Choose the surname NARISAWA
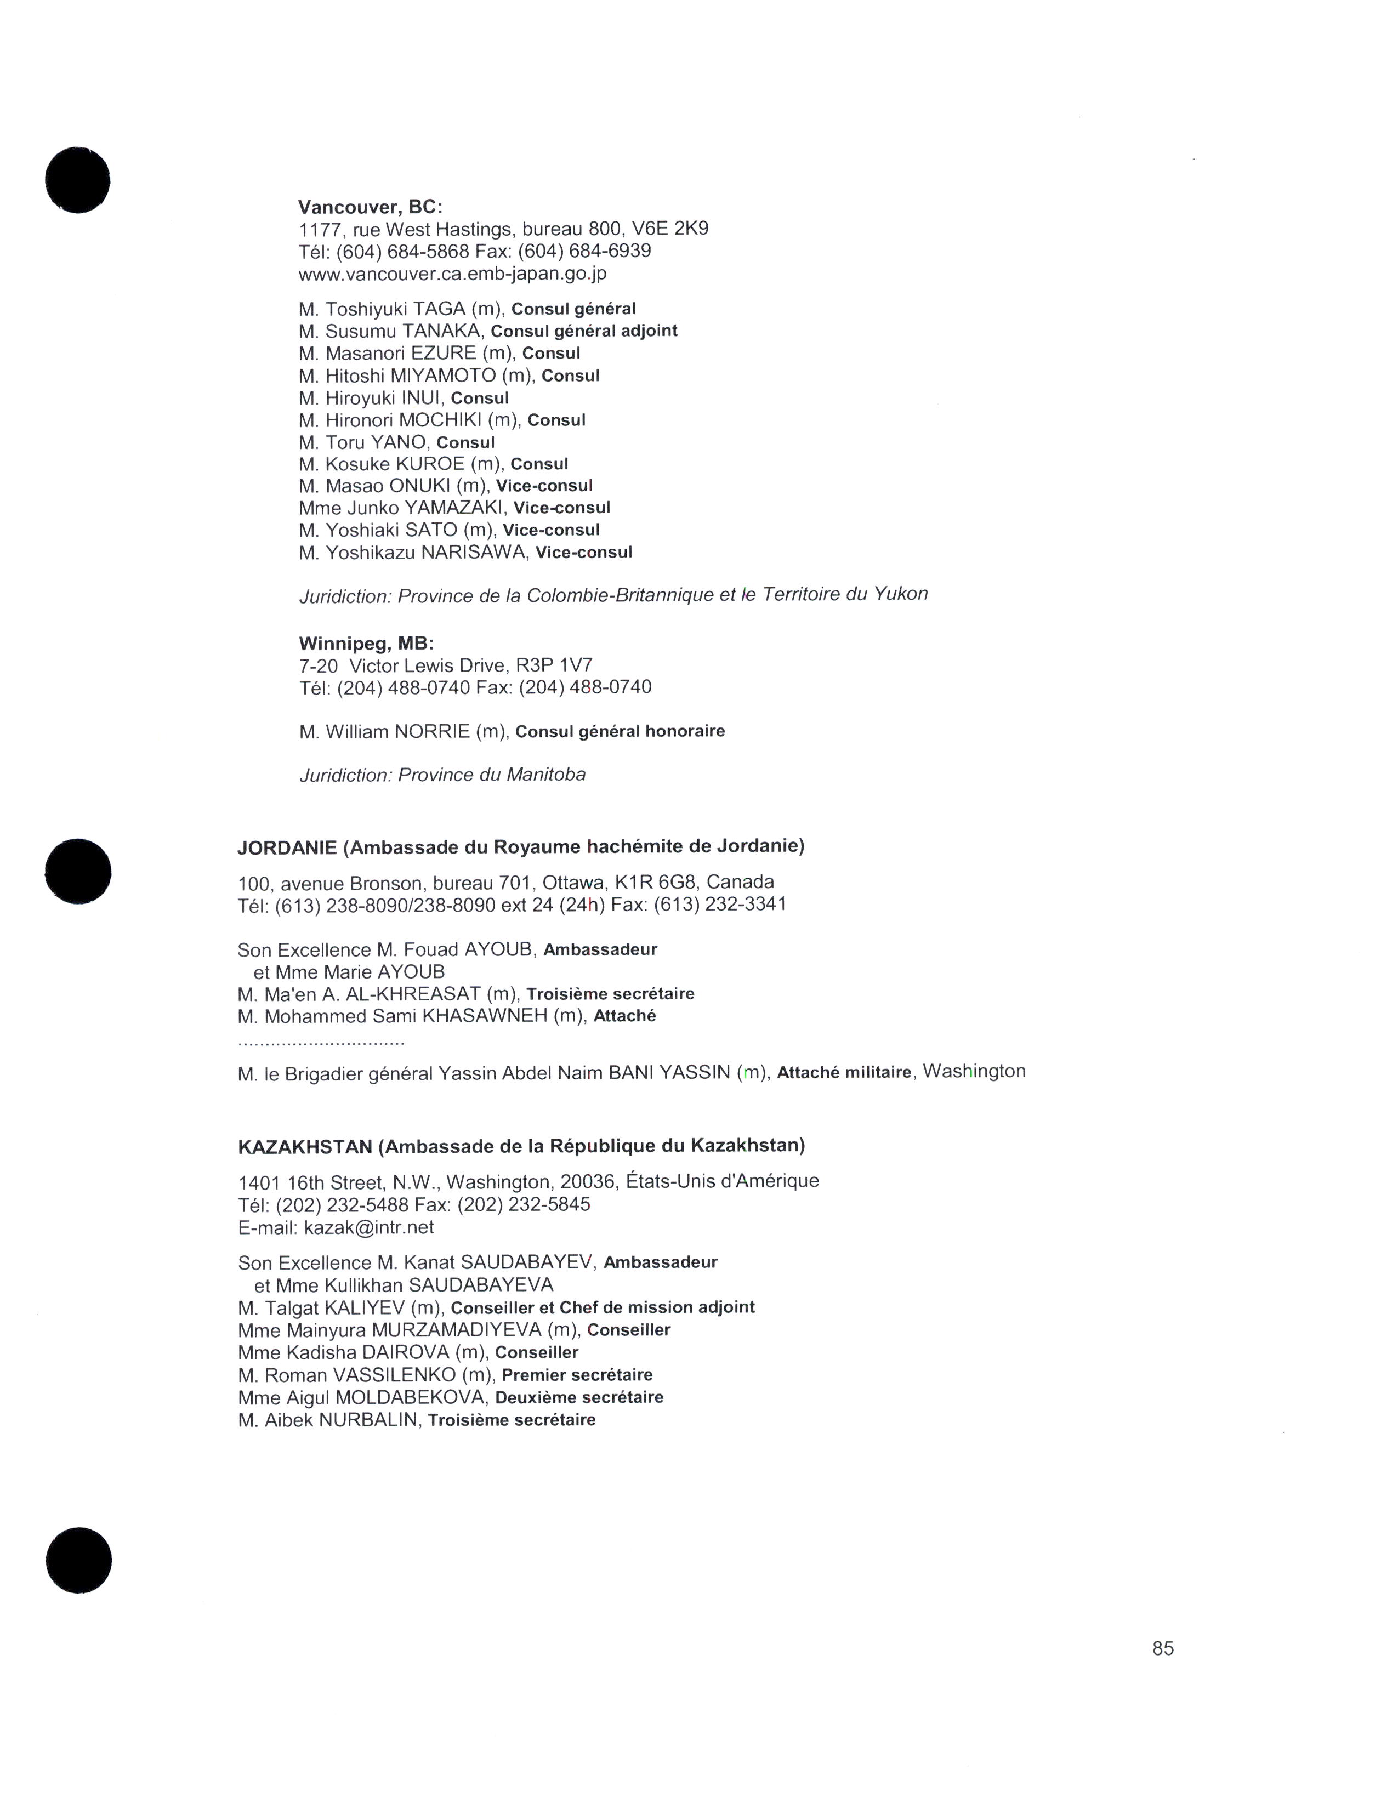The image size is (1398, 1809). [474, 553]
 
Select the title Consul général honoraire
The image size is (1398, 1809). [620, 731]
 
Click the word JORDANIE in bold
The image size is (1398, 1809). [287, 847]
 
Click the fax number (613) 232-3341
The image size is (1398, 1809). [720, 904]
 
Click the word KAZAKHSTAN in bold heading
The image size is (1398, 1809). [305, 1146]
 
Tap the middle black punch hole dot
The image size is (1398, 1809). [78, 872]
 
